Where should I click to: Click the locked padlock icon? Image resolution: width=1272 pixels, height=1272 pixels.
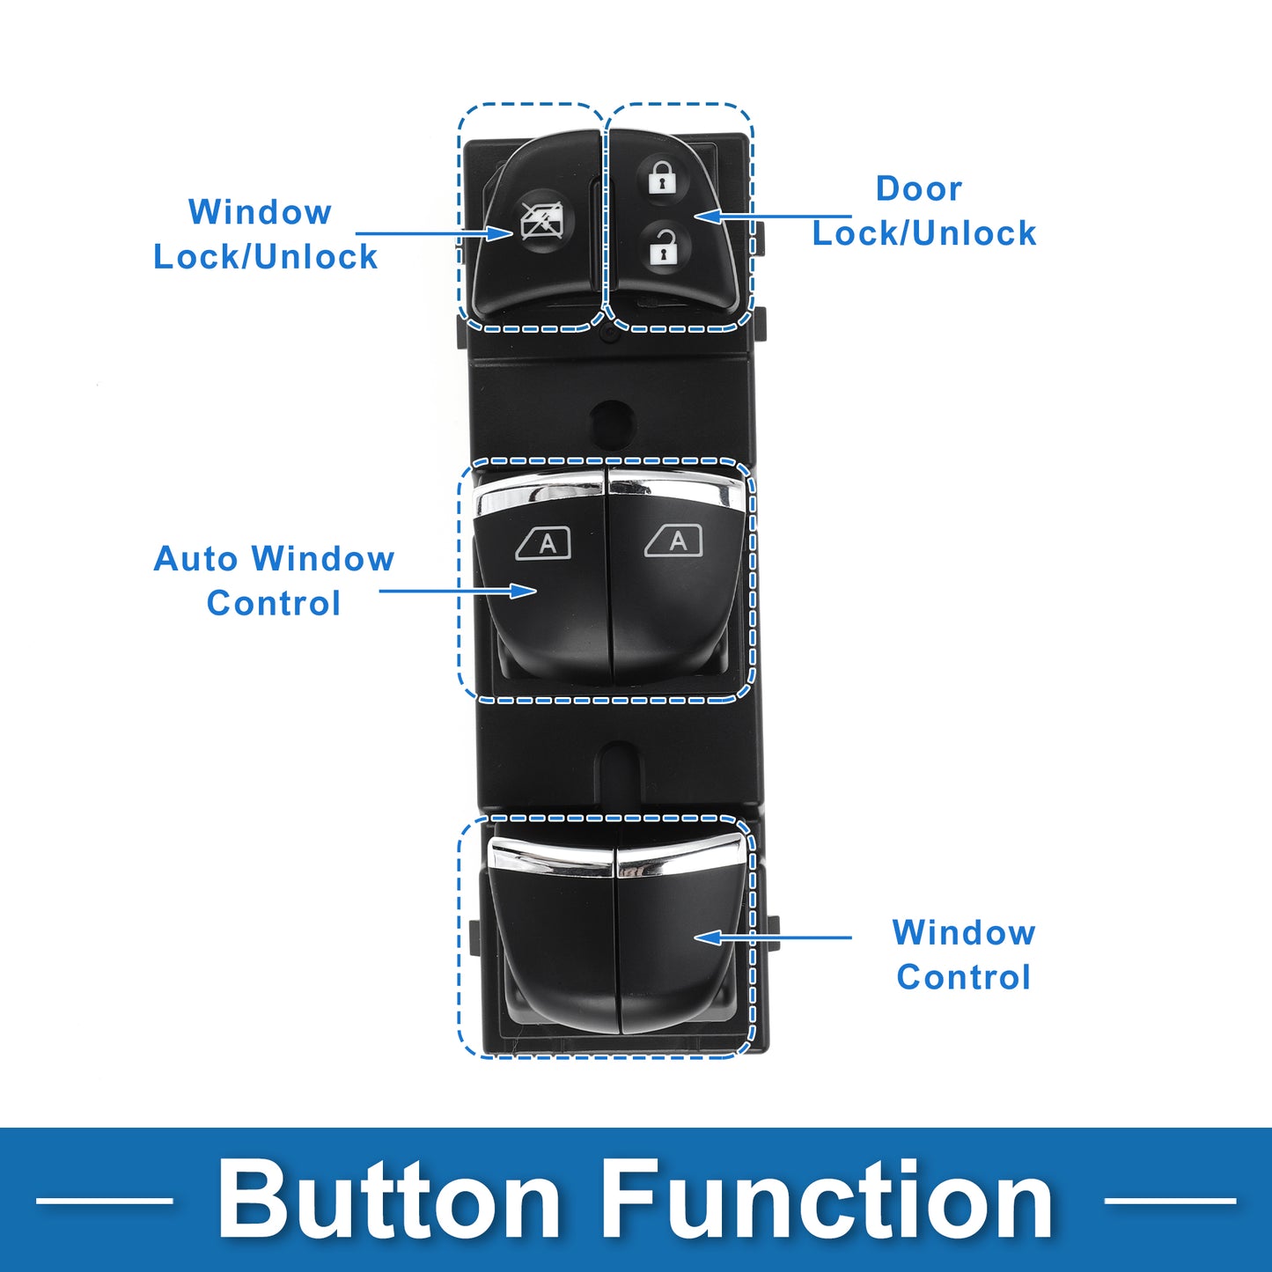(663, 176)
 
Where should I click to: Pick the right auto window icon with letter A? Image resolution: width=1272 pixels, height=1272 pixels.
(673, 542)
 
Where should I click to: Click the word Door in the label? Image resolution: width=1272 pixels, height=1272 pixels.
(919, 188)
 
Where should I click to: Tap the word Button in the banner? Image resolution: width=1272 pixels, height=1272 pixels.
(389, 1199)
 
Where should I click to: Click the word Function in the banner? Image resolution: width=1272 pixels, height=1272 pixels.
(828, 1199)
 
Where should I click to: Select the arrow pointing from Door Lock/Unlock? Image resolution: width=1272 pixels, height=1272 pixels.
(772, 216)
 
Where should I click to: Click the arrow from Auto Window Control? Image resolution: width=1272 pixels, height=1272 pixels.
(458, 590)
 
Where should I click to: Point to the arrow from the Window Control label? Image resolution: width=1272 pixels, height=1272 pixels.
(772, 937)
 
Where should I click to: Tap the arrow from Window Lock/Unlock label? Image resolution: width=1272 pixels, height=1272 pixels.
(434, 233)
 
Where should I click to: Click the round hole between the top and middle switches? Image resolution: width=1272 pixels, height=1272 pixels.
(613, 422)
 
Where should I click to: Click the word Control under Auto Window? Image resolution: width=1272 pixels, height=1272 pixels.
(273, 603)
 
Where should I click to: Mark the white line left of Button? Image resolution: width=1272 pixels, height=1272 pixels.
(104, 1201)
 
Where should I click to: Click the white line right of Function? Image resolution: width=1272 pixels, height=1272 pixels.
(1170, 1201)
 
